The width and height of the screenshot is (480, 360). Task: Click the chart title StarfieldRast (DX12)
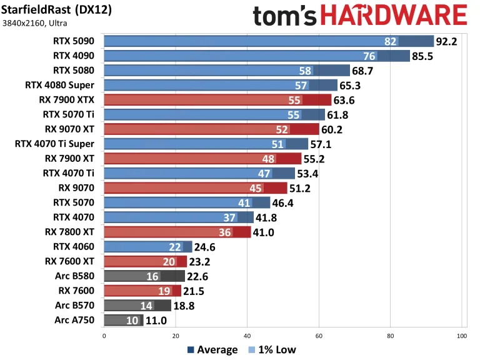(57, 10)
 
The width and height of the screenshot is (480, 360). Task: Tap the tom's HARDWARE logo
(359, 15)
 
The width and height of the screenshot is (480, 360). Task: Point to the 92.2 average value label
(449, 42)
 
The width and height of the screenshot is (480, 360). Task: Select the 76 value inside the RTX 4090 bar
(369, 56)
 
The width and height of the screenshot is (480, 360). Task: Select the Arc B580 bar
(144, 276)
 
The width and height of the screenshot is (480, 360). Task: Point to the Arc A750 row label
(76, 320)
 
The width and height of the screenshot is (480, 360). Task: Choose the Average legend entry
(212, 350)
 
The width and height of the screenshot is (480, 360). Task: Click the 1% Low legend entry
(272, 350)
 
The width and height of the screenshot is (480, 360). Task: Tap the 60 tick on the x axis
(319, 335)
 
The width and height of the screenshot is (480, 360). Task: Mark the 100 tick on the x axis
(461, 335)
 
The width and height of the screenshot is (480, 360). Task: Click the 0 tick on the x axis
(104, 335)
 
